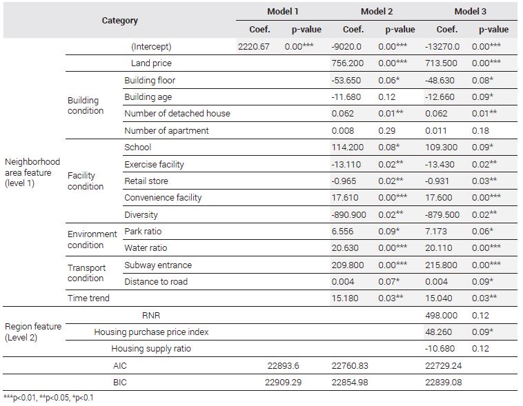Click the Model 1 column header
pos(282,11)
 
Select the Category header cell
pos(120,20)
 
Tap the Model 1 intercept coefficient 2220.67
pos(253,46)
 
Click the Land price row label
pos(151,63)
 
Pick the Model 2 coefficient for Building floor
pos(346,81)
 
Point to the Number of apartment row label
pos(166,131)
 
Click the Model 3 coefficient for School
pos(441,148)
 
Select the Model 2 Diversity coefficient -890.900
pos(348,214)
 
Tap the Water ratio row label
pos(146,248)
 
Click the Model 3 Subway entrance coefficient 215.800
pos(441,265)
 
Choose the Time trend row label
pos(88,298)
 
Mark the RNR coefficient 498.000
pos(441,315)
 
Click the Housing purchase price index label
pos(151,332)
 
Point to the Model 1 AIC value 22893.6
pos(283,365)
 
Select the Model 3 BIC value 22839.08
pos(443,383)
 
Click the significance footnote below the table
pos(48,398)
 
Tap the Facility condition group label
pos(86,181)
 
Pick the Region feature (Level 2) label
pos(33,332)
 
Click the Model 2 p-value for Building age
pos(386,97)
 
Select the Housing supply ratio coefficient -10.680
pos(440,349)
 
